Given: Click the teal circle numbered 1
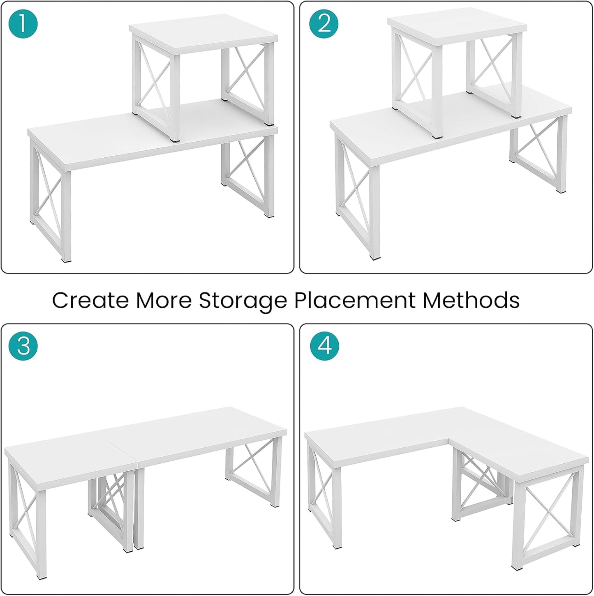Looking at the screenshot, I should click(23, 23).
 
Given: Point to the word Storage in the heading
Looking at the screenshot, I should click(243, 300).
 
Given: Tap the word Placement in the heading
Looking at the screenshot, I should click(355, 300).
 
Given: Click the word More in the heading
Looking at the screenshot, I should click(164, 300).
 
